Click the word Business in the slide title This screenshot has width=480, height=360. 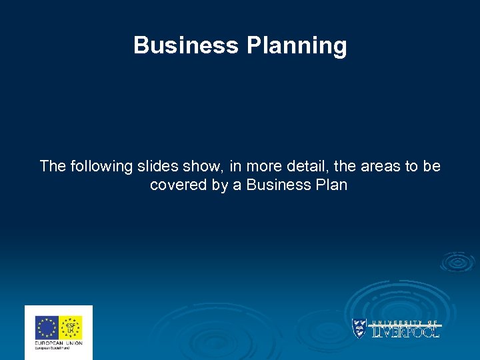click(186, 45)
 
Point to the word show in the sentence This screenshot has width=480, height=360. click(201, 166)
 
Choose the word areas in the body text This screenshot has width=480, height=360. click(374, 166)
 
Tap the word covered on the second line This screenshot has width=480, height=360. click(179, 185)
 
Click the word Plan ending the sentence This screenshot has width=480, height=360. click(330, 185)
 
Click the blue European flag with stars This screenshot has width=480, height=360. click(47, 327)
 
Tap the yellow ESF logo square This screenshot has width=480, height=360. click(71, 327)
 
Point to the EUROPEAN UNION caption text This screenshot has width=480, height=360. click(58, 343)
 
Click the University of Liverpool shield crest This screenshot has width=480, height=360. click(359, 329)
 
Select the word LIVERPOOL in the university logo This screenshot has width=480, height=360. click(405, 331)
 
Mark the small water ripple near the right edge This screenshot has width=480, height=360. click(458, 261)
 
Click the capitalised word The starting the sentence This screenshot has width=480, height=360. click(51, 166)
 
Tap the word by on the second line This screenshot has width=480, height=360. click(220, 185)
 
